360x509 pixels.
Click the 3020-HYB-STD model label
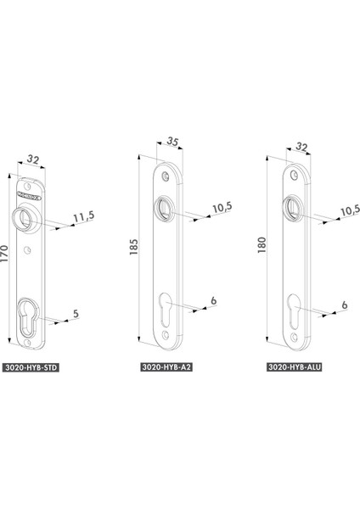[x=31, y=367]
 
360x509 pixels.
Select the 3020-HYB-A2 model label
[x=166, y=366]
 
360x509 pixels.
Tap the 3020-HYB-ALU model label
[x=295, y=366]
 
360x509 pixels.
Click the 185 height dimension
[x=133, y=247]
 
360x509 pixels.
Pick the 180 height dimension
[x=262, y=245]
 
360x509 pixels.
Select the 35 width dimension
[x=173, y=142]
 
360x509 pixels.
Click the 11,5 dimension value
[x=83, y=216]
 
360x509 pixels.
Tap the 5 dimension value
[x=76, y=314]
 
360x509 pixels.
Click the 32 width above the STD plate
[x=33, y=159]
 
